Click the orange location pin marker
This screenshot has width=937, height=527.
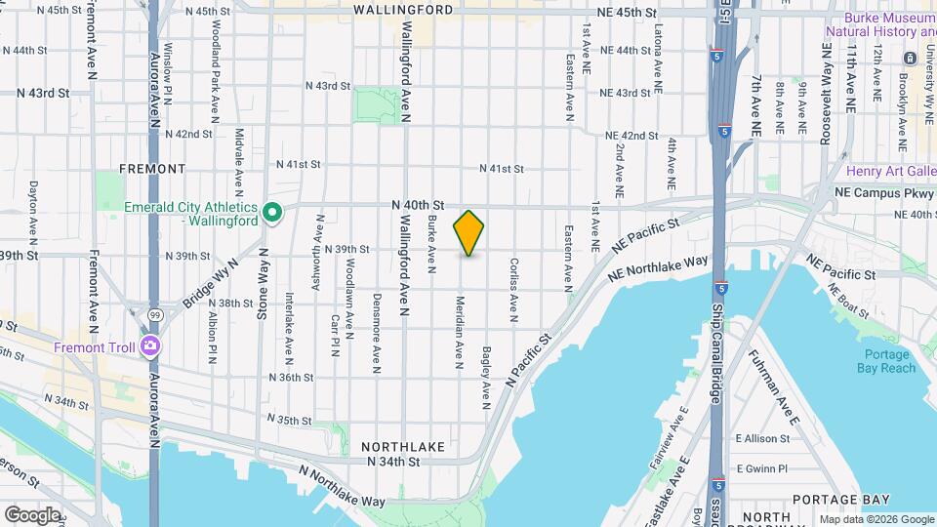(x=468, y=232)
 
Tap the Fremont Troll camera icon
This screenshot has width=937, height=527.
(x=150, y=345)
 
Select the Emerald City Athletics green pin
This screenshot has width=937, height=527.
(x=273, y=212)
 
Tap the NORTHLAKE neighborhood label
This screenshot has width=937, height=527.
(x=403, y=446)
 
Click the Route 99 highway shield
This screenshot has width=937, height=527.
(x=155, y=315)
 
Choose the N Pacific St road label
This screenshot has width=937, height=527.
(x=530, y=360)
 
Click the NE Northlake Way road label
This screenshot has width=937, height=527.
(x=657, y=269)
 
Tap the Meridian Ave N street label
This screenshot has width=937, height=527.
(x=458, y=333)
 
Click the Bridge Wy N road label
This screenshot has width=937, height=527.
(x=211, y=281)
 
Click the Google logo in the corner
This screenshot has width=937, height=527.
(x=32, y=514)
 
